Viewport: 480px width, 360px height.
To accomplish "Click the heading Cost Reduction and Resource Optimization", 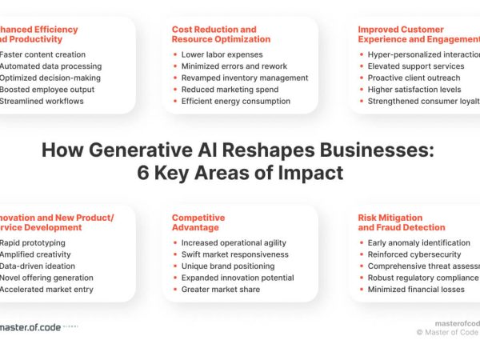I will click(221, 34).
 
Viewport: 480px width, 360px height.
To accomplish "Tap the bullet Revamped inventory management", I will click(244, 78).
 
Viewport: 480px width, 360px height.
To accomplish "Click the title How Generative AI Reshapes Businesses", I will click(237, 151).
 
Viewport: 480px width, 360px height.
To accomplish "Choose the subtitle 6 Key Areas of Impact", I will click(237, 172).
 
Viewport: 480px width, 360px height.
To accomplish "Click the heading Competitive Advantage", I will click(198, 222).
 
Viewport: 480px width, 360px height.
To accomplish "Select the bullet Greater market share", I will click(220, 289).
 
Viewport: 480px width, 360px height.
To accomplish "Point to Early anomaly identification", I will click(418, 242).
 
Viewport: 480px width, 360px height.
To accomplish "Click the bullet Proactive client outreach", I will click(414, 78).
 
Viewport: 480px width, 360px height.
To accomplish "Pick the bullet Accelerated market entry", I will click(46, 289).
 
